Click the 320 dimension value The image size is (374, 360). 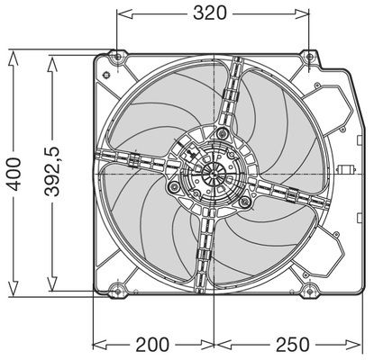[x=210, y=13]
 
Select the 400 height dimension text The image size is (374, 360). [x=14, y=175]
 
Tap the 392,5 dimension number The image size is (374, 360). [x=53, y=172]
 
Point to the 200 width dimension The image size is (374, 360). [x=152, y=345]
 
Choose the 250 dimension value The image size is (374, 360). [x=292, y=345]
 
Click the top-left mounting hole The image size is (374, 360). [x=118, y=57]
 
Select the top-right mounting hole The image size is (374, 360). [x=309, y=57]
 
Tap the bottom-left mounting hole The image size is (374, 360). [x=118, y=291]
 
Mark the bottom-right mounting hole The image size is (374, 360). [x=309, y=291]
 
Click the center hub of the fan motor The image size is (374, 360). [x=214, y=174]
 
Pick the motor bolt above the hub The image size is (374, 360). [x=223, y=132]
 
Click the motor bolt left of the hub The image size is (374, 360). [x=174, y=187]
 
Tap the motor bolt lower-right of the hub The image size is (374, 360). [x=245, y=202]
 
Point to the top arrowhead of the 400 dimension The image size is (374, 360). [x=14, y=58]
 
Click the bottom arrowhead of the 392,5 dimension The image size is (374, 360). [x=52, y=283]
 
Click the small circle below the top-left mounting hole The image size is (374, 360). [x=105, y=75]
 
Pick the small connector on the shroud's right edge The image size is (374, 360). [x=346, y=169]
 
